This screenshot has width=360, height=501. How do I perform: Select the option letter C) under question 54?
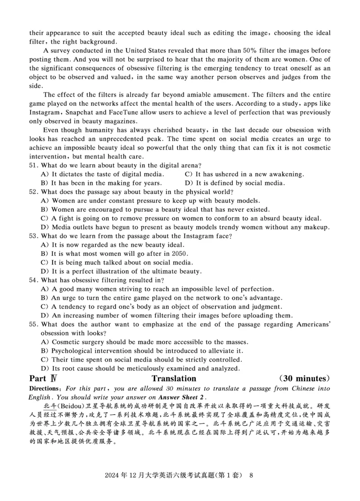tap(45, 307)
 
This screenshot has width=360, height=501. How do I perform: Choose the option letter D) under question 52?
tap(45, 228)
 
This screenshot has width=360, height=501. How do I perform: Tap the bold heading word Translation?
tap(174, 378)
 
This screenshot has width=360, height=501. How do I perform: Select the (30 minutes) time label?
tap(304, 378)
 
